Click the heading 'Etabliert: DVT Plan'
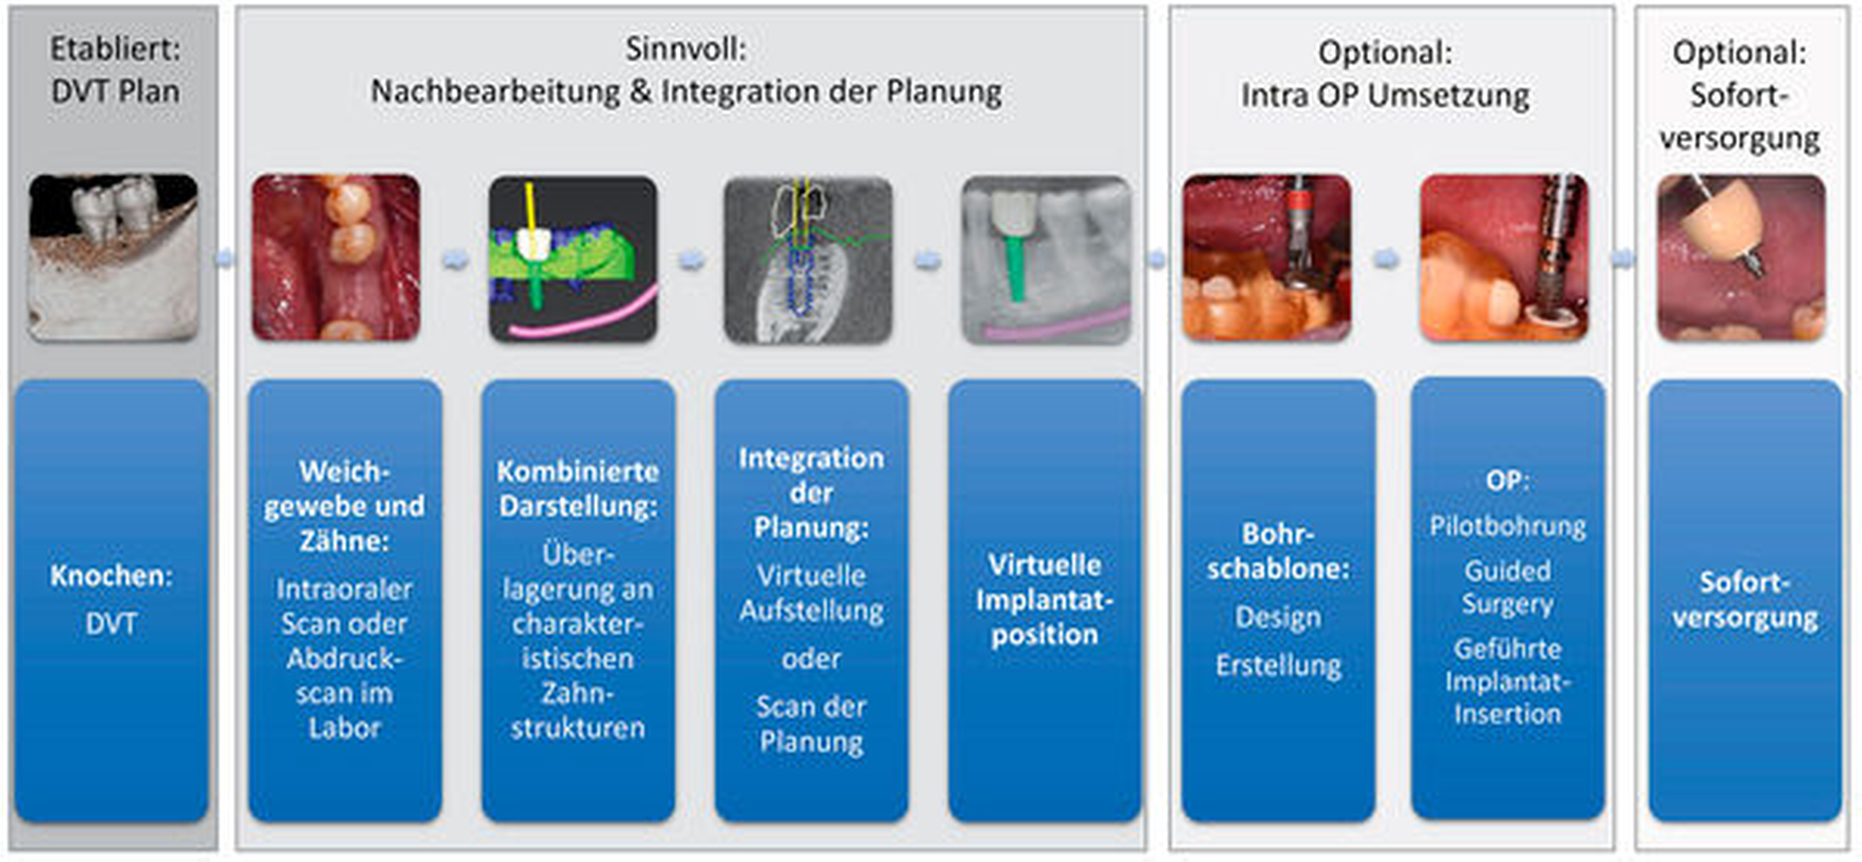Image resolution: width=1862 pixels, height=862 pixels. [x=115, y=70]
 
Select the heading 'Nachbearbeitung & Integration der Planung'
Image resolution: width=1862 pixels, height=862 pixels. [x=686, y=91]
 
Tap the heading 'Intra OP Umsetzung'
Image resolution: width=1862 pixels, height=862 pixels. [x=1385, y=95]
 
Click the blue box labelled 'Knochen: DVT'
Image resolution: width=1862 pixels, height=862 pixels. [x=112, y=599]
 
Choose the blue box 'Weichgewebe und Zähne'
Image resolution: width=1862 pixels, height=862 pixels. [x=344, y=599]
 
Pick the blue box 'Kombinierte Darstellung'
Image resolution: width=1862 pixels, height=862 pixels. [x=577, y=599]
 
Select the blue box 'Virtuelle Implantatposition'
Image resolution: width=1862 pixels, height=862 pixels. [x=1045, y=599]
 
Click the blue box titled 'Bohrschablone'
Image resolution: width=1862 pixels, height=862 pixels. [x=1278, y=599]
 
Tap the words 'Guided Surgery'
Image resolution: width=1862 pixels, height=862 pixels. [x=1507, y=587]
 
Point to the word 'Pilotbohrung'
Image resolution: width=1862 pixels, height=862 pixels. [x=1507, y=526]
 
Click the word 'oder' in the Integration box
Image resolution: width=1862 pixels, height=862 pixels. [x=811, y=658]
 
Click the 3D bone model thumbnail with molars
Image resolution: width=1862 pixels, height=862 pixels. [x=114, y=258]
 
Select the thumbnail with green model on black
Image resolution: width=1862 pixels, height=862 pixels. [x=573, y=259]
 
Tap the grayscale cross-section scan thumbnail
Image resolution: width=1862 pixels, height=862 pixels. [x=808, y=259]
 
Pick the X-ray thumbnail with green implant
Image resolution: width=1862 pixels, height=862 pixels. [x=1046, y=259]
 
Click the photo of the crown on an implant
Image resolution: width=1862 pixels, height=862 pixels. [x=1741, y=259]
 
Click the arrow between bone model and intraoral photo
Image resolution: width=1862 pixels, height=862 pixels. [x=224, y=259]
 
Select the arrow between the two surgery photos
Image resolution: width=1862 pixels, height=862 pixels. [x=1386, y=259]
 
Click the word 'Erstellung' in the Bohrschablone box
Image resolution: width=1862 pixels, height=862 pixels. [x=1278, y=665]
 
